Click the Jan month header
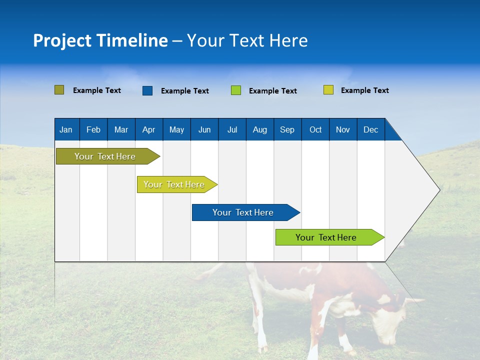[x=66, y=129]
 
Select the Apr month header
[x=148, y=129]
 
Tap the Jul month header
[x=232, y=129]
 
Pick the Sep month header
[x=287, y=129]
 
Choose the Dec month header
[x=370, y=129]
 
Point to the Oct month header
[x=315, y=129]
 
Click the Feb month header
[x=93, y=129]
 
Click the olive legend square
[x=59, y=90]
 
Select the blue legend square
[x=147, y=90]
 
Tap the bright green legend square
[x=235, y=90]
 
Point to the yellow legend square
[x=328, y=90]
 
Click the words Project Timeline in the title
[x=100, y=40]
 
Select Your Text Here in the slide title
[x=247, y=40]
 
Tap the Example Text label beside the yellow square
[x=364, y=90]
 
